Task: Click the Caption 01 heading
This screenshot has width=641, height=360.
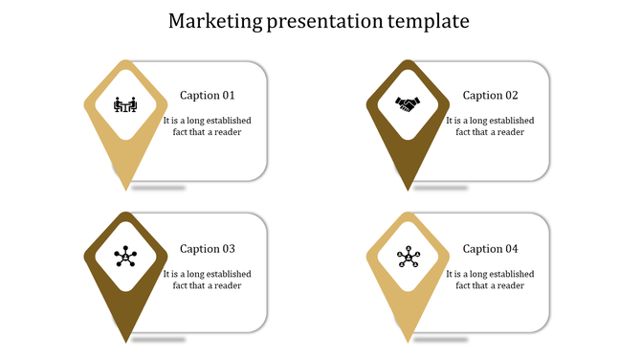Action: click(207, 96)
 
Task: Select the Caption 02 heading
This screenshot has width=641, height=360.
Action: click(490, 96)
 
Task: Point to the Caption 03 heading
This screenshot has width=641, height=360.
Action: click(207, 249)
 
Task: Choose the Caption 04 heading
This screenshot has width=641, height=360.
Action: click(490, 249)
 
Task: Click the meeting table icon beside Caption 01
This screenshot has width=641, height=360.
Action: click(125, 104)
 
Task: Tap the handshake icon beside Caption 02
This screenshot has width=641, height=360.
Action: click(409, 104)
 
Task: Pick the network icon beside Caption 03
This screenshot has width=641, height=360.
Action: click(125, 256)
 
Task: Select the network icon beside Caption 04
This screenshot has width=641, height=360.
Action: click(409, 256)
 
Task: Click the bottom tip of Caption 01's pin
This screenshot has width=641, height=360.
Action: click(125, 187)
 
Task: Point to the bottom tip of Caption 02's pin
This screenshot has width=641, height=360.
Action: click(409, 187)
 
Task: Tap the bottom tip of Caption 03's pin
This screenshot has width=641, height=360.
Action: click(125, 339)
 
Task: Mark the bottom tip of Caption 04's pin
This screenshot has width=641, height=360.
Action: click(409, 339)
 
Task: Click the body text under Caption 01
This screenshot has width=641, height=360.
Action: click(207, 126)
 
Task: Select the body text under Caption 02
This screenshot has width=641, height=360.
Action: click(490, 126)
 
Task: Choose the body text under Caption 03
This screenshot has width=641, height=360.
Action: click(207, 280)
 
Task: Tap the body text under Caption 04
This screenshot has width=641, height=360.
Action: click(490, 280)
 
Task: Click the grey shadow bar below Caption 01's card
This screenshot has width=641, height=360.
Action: click(159, 188)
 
